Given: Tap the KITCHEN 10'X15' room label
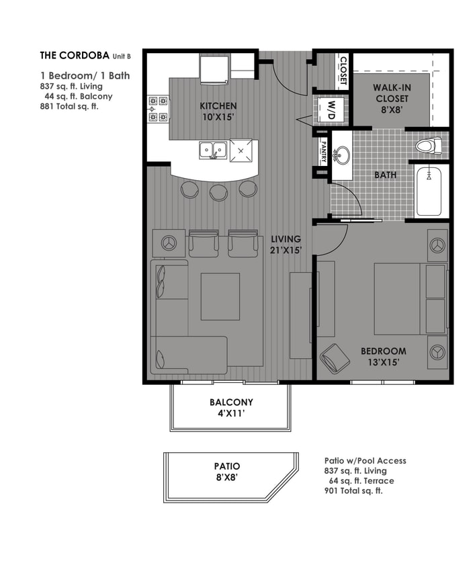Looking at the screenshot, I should [218, 112].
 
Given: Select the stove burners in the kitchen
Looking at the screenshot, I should [158, 110].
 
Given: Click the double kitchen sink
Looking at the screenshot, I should [213, 150].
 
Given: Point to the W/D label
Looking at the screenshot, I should [331, 110].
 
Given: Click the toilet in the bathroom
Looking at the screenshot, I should [427, 144].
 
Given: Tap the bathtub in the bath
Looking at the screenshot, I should [429, 191].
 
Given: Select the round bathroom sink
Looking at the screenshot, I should [342, 157].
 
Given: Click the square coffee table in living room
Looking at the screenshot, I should [220, 297].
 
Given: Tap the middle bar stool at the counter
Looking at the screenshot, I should [218, 192].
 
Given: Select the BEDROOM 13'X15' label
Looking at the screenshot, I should [383, 356].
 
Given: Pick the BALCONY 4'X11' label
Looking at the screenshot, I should [231, 408].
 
